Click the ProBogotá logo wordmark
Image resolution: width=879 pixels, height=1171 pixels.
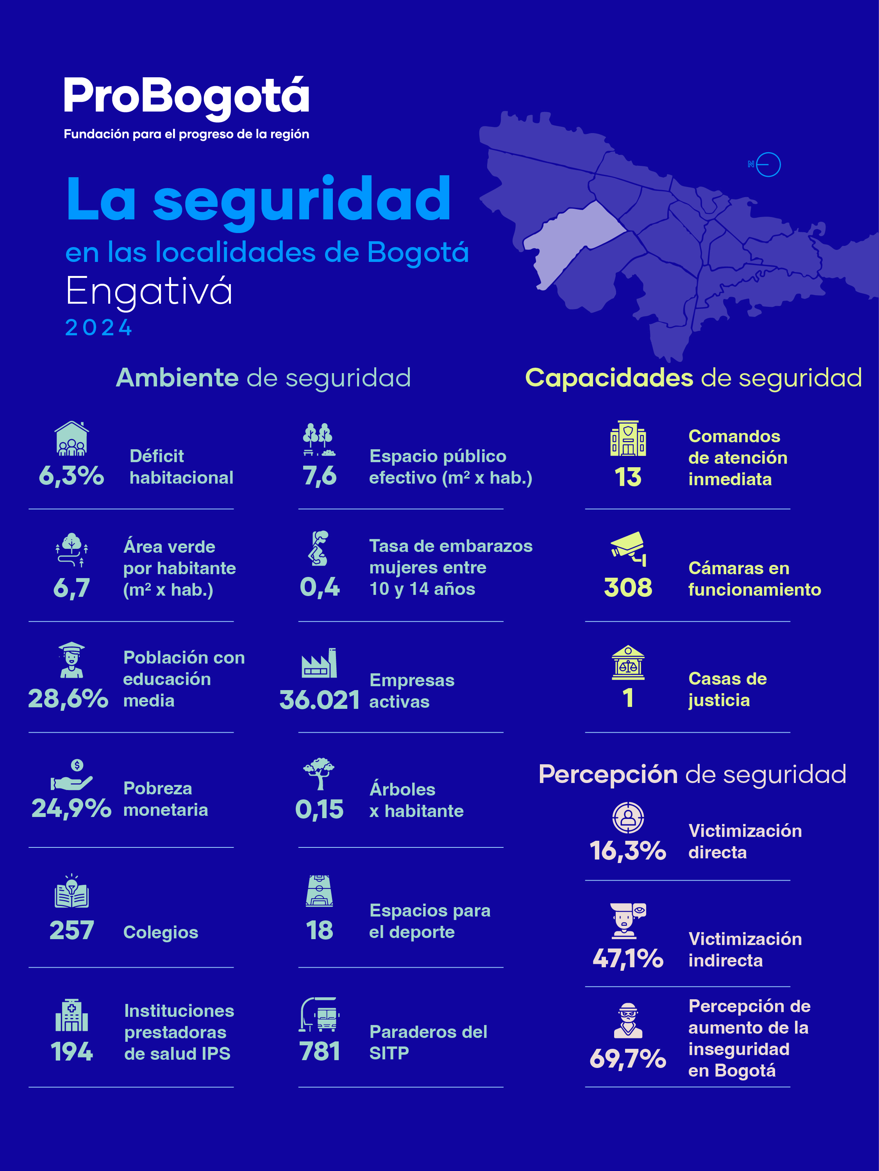click(x=186, y=97)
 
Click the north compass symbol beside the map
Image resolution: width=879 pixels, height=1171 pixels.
click(x=766, y=165)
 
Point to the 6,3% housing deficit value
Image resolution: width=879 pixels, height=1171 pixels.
click(x=71, y=476)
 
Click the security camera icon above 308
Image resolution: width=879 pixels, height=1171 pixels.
click(x=628, y=548)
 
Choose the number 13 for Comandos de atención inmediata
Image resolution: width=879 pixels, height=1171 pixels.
click(x=628, y=477)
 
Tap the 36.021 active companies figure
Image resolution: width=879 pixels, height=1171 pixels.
click(x=320, y=700)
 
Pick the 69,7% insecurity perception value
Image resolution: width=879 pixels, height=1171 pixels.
click(x=628, y=1059)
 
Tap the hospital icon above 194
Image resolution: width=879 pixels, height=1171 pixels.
click(x=71, y=1015)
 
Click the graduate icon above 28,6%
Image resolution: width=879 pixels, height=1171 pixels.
click(x=71, y=660)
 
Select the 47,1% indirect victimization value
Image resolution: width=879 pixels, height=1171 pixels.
click(x=628, y=958)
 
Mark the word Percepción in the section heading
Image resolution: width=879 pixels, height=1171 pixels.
click(x=608, y=774)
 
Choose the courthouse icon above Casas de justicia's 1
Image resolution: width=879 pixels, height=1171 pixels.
click(x=628, y=662)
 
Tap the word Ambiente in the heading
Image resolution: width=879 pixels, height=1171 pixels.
click(x=177, y=378)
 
